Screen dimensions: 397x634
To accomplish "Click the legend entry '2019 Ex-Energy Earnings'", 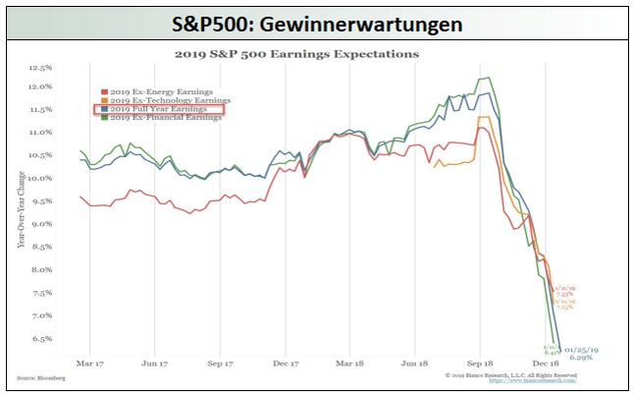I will pos(163,90).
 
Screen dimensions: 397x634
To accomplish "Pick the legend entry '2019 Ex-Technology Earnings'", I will pos(169,100).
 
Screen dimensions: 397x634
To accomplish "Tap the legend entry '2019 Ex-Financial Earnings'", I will pos(167,118).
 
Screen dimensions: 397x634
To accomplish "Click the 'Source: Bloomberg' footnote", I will pos(37,376).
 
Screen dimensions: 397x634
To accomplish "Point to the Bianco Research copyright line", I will pos(510,374).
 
